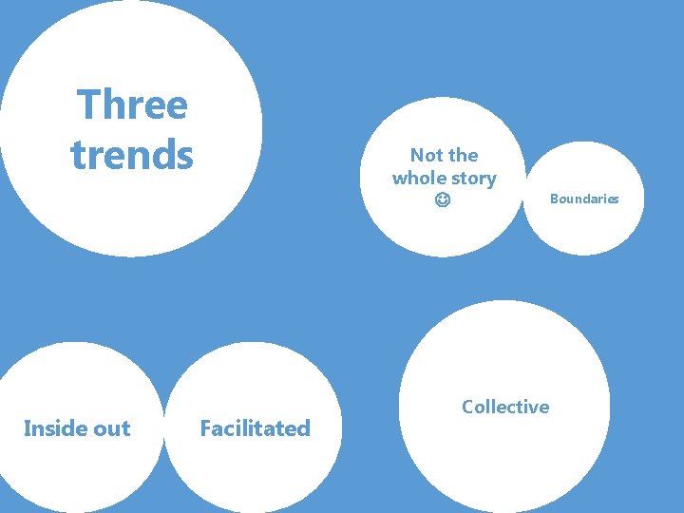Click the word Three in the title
point(132,104)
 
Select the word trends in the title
point(132,155)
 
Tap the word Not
point(425,155)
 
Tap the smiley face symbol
point(444,201)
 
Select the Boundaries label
point(584,199)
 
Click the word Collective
point(505,407)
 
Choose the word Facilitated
point(255,428)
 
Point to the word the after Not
point(463,155)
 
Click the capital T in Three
point(86,104)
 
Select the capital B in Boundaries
point(554,199)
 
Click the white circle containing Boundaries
point(582,228)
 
